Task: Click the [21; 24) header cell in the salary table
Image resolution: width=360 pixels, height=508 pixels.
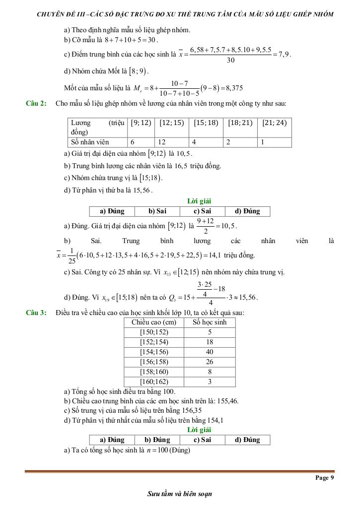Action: pos(274,123)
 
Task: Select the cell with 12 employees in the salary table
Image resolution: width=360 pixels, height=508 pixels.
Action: pos(171,142)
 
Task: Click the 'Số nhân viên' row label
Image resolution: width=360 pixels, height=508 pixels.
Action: pos(90,142)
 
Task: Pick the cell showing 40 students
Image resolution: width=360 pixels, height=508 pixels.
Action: pos(210,352)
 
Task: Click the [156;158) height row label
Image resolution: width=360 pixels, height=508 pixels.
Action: pos(154,362)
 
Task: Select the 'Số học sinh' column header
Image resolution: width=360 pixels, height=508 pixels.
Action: pos(210,322)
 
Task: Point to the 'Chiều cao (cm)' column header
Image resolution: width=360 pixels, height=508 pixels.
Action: pos(154,322)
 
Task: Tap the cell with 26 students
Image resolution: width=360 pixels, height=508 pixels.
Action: pos(210,362)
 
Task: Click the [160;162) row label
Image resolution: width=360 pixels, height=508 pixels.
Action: pos(154,381)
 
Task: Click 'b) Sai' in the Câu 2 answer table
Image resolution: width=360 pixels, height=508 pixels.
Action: pos(157,211)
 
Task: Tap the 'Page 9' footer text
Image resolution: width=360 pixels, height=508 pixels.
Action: pos(325,478)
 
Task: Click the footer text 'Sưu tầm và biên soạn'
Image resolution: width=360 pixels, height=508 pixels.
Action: pos(180,494)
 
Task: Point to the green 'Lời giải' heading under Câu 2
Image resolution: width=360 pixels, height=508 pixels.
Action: pos(199,201)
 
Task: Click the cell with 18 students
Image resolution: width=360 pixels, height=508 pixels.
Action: pos(210,342)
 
